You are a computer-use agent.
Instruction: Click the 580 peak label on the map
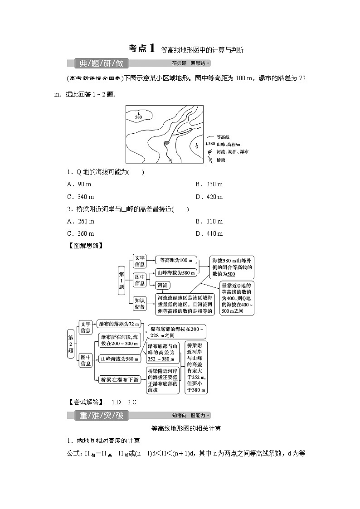click(138, 117)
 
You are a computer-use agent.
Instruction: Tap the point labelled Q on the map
click(197, 146)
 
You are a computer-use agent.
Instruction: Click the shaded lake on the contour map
click(166, 143)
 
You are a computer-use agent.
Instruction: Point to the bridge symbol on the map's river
click(170, 160)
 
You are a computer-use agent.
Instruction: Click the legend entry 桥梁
click(221, 160)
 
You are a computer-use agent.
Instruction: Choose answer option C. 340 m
click(81, 197)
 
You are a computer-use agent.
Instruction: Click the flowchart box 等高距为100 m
click(176, 260)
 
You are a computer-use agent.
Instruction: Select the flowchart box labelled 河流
click(162, 285)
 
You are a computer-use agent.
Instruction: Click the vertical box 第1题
click(122, 281)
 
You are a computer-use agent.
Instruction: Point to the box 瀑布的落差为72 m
click(119, 325)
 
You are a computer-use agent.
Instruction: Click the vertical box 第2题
click(71, 344)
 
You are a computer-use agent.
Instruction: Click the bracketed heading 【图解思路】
click(85, 246)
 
